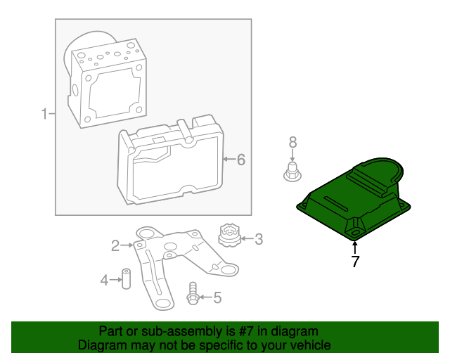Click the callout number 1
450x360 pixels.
(44, 114)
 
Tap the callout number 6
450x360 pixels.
(240, 160)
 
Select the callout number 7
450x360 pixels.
(355, 262)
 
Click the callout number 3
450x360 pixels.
(258, 240)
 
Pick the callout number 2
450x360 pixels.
(115, 245)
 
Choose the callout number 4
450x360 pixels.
(104, 281)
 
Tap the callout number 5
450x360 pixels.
(217, 298)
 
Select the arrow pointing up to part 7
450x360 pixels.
(355, 247)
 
